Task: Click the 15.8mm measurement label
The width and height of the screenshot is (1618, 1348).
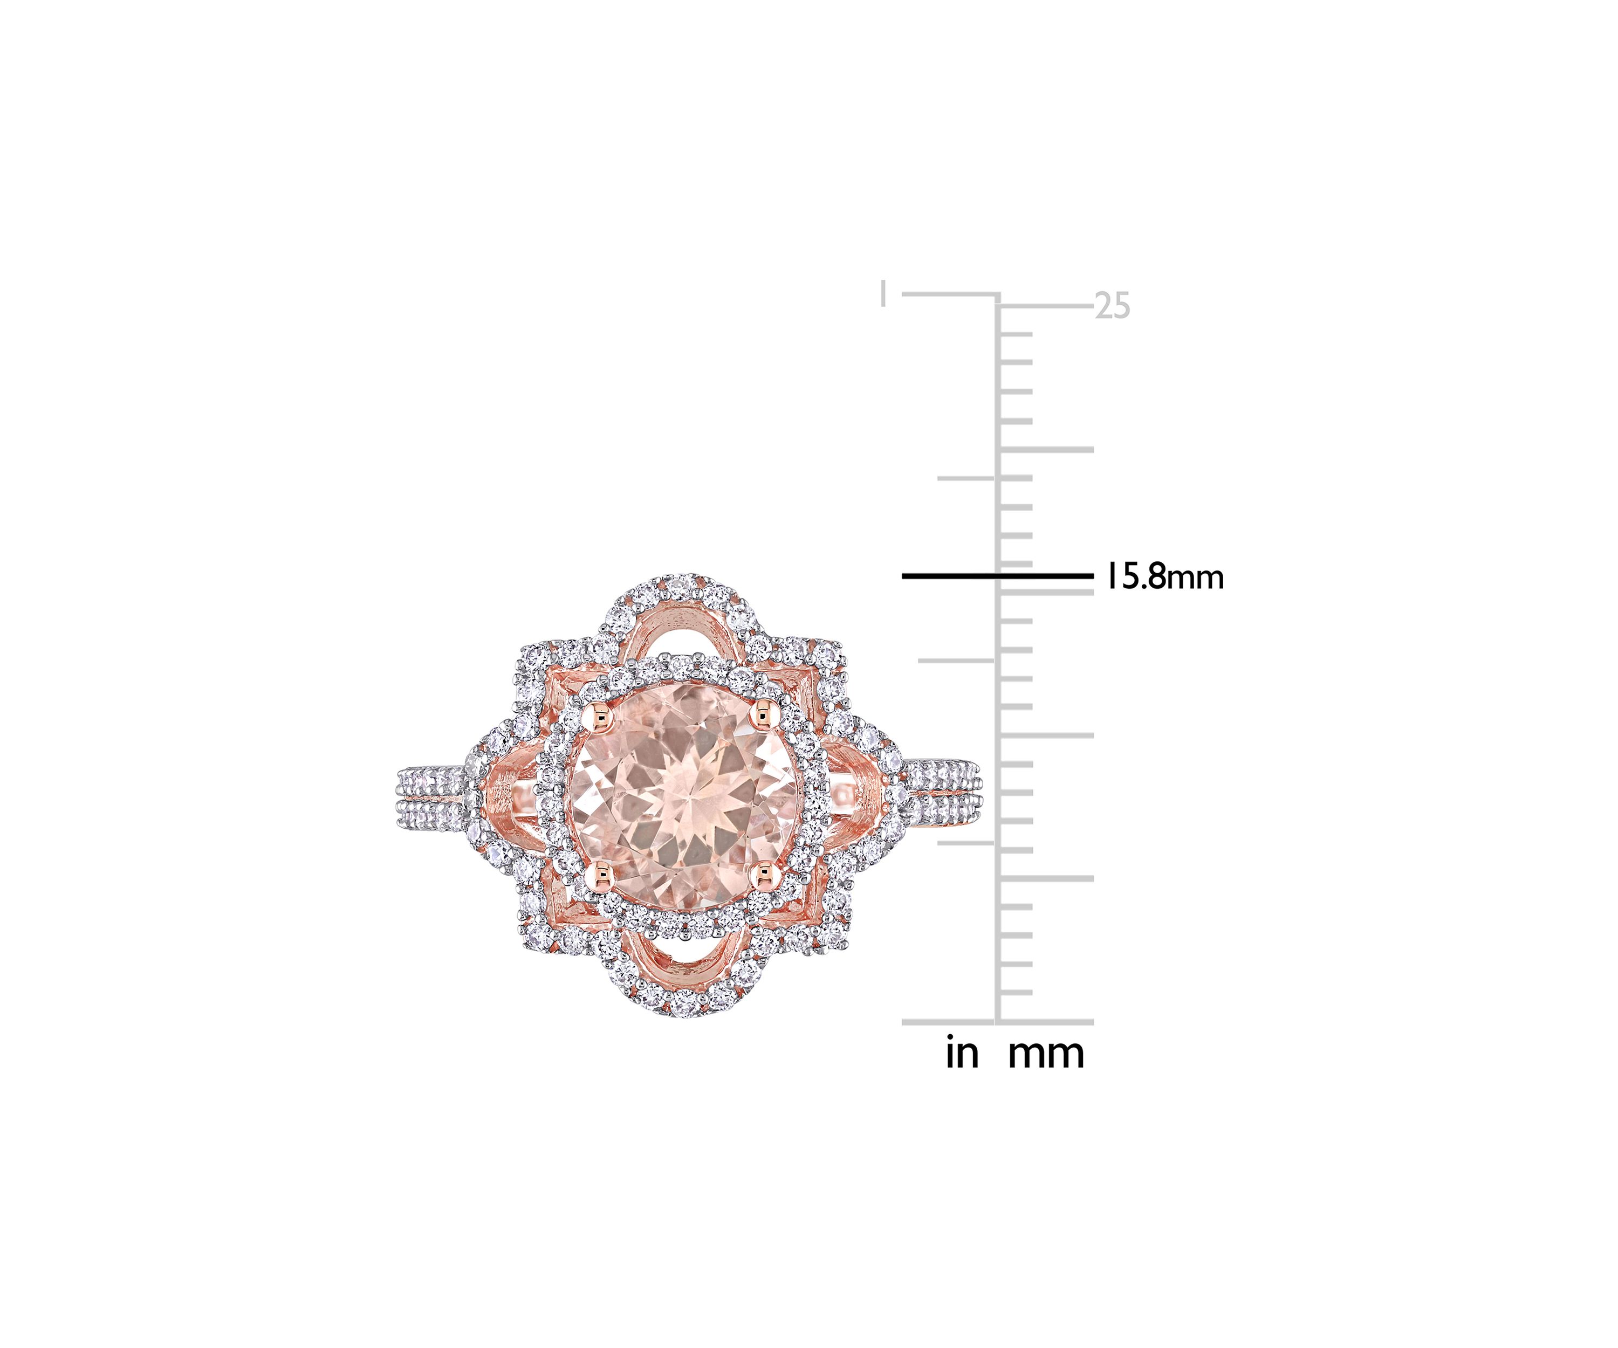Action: pos(1165,577)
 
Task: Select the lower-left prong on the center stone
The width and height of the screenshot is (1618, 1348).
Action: pos(602,873)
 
